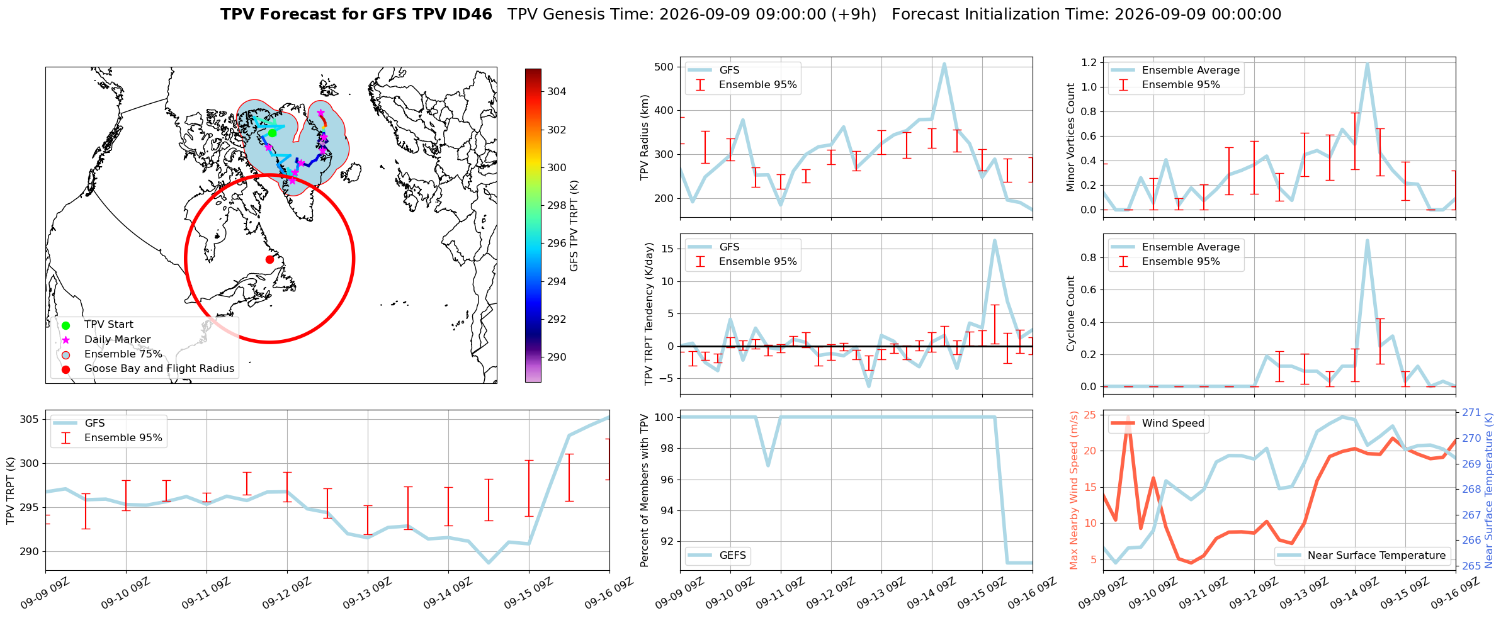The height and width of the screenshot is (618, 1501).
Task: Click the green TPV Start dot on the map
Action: [x=272, y=133]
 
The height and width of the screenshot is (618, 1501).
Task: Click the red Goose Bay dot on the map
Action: [x=269, y=259]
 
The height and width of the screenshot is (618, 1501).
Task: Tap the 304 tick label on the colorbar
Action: [x=557, y=91]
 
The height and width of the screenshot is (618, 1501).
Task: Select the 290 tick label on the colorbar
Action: [x=557, y=357]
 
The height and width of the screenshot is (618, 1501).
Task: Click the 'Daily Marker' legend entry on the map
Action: [x=118, y=339]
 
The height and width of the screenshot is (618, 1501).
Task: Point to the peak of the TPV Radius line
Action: [x=944, y=64]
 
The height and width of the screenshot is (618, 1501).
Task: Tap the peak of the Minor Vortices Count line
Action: [x=1367, y=63]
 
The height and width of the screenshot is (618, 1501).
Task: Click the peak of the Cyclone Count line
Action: [x=1367, y=240]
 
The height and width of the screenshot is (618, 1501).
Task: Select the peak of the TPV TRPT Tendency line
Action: [x=994, y=240]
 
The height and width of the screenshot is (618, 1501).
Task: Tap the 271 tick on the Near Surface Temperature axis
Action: [x=1471, y=413]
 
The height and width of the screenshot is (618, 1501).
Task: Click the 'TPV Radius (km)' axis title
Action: [x=644, y=137]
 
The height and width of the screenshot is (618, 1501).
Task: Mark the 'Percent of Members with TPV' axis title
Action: [x=644, y=490]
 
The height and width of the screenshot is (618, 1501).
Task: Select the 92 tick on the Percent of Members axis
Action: [x=667, y=541]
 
